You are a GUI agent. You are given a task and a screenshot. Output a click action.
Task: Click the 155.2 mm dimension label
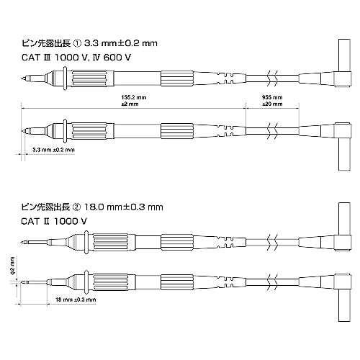[x=134, y=97]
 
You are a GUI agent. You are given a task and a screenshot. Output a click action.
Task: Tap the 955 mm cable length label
[x=272, y=97]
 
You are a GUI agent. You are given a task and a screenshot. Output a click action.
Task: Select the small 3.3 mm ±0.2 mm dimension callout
[x=53, y=150]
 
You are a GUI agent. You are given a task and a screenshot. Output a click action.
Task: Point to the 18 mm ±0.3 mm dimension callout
[x=76, y=300]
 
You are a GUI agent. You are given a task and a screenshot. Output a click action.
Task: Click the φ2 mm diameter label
[x=12, y=265]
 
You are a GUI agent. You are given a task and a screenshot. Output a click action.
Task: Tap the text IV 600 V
[x=112, y=58]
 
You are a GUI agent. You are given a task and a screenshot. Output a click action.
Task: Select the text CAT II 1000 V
[x=54, y=221]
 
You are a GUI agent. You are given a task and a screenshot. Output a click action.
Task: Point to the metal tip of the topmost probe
[x=24, y=78]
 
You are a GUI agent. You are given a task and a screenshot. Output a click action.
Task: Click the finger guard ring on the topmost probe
[x=65, y=78]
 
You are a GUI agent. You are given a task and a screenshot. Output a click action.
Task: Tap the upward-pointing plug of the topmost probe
[x=345, y=55]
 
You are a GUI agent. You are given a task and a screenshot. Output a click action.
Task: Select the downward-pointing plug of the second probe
[x=345, y=154]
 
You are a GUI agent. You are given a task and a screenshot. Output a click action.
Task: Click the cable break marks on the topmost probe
[x=273, y=78]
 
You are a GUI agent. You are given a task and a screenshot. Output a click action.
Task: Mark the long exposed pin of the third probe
[x=35, y=242]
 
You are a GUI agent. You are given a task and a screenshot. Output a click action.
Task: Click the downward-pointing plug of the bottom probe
[x=345, y=305]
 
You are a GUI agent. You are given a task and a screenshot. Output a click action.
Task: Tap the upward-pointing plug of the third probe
[x=345, y=219]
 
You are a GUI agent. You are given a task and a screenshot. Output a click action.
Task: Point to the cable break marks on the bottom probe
[x=273, y=282]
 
